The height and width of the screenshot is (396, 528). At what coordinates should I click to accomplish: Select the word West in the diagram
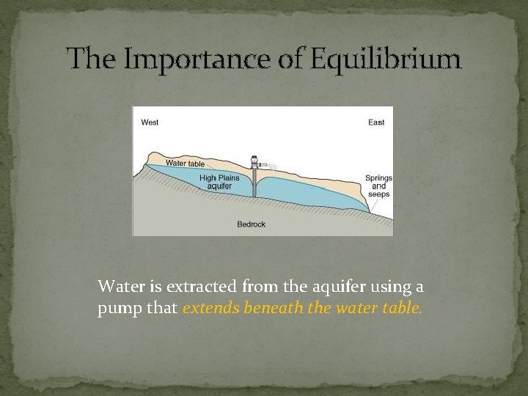pos(150,122)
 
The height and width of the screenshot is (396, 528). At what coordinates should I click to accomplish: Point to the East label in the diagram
pos(375,122)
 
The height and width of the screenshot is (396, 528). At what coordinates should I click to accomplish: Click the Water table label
pos(185,163)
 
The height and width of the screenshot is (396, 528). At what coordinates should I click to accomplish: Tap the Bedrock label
pos(252,224)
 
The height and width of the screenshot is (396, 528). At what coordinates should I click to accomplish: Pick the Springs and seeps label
pos(378,186)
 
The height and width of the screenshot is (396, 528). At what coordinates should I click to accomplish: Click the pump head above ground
pos(254,162)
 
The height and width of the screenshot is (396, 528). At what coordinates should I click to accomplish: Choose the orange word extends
pos(207,308)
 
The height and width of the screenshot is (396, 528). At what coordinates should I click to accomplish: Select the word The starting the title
pos(90,59)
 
